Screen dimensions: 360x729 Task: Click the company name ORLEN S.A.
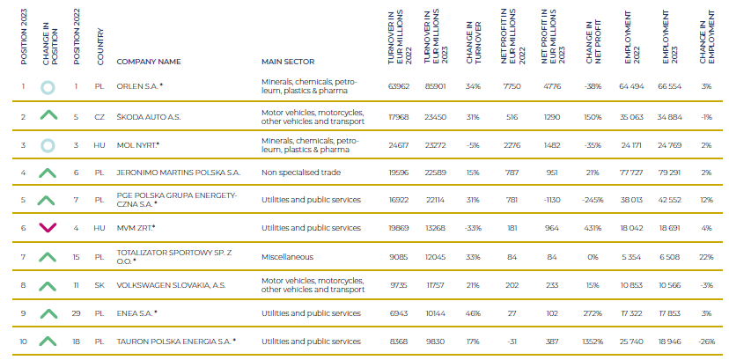(x=140, y=86)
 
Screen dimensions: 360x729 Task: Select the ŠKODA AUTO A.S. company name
(x=150, y=116)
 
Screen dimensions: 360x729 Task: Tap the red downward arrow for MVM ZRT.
(x=49, y=228)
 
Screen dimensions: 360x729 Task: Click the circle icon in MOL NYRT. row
(x=49, y=144)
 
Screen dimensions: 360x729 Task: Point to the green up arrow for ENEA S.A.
(x=49, y=312)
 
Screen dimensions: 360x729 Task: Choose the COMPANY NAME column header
(x=148, y=62)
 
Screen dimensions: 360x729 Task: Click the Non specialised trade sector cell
(x=298, y=172)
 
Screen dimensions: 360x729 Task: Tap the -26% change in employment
(x=706, y=341)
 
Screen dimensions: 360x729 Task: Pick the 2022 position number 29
(x=77, y=312)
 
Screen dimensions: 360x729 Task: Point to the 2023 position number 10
(x=24, y=341)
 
